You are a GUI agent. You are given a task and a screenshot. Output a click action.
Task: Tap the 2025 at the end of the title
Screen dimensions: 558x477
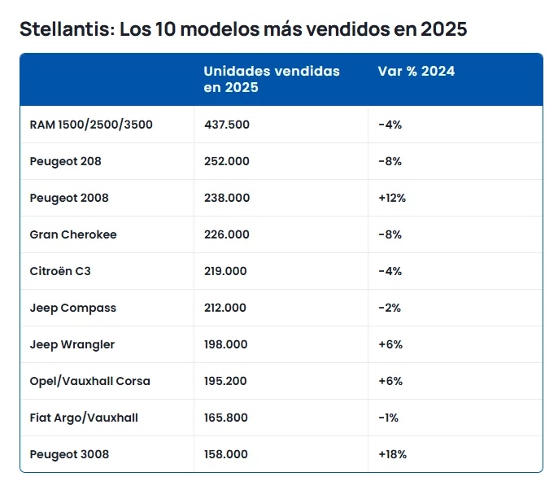[x=444, y=28]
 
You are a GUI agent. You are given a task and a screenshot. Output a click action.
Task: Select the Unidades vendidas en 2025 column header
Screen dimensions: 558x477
[x=272, y=79]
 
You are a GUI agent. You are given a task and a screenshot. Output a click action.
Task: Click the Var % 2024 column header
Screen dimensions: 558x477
[x=416, y=71]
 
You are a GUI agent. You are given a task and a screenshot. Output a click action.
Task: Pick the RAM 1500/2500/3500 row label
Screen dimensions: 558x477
[x=91, y=125]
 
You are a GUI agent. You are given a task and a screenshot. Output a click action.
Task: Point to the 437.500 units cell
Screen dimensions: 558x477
[x=227, y=125]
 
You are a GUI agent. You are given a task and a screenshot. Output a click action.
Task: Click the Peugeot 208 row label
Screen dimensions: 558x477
[x=65, y=161]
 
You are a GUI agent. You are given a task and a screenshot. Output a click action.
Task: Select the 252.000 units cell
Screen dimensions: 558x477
[x=227, y=161]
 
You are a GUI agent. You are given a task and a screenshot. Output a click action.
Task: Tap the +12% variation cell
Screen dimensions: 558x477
[x=392, y=198]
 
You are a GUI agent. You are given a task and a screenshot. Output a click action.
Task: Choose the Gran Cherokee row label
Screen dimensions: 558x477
[x=73, y=234]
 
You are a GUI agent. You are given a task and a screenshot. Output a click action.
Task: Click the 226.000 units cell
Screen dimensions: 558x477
[x=227, y=234]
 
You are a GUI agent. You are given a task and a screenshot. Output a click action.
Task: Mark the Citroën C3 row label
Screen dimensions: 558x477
[x=60, y=271]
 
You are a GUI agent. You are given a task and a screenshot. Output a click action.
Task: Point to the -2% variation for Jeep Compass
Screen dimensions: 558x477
[x=390, y=308]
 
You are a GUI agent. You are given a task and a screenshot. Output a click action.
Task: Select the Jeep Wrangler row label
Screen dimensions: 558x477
[x=72, y=345]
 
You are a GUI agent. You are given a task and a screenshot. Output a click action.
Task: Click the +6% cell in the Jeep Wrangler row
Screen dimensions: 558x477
[x=390, y=344]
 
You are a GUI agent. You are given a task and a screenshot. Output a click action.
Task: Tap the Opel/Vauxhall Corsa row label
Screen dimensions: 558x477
[x=90, y=381]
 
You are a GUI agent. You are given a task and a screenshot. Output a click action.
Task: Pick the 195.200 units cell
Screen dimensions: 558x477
[x=225, y=381]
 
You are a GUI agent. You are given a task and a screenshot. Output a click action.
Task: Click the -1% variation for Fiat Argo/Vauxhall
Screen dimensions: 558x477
[x=388, y=418]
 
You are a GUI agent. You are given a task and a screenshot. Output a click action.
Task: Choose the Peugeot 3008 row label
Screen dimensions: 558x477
[x=69, y=454]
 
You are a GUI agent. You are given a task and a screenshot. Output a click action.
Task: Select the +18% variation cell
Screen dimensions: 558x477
[x=393, y=454]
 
